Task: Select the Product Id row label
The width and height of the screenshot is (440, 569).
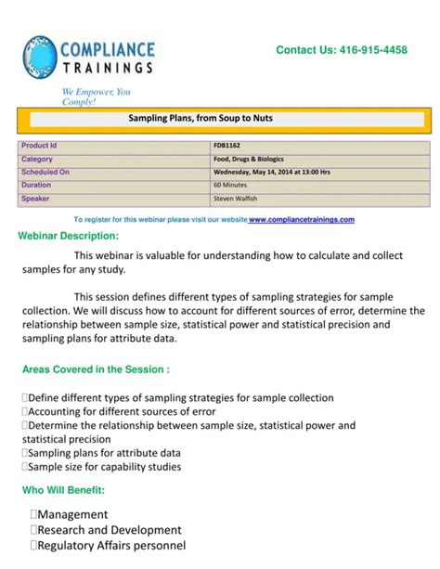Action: pos(39,146)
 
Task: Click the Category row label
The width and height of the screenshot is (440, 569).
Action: pos(37,159)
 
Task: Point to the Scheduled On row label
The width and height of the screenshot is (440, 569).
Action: pos(45,172)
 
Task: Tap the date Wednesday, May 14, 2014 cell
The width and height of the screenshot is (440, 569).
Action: pos(271,172)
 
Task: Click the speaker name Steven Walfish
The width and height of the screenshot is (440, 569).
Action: pos(238,198)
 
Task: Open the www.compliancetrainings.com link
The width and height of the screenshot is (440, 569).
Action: pos(302,220)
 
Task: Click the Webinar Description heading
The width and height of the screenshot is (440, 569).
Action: pos(69,235)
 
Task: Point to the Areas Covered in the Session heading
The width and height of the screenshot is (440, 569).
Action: pos(96,369)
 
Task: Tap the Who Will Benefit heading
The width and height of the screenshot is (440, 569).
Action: pos(63,489)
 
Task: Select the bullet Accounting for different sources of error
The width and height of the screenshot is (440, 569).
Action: pos(122,411)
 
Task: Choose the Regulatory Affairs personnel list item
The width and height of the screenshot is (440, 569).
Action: pos(110,546)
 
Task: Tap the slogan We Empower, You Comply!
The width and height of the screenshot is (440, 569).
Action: pos(97,97)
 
